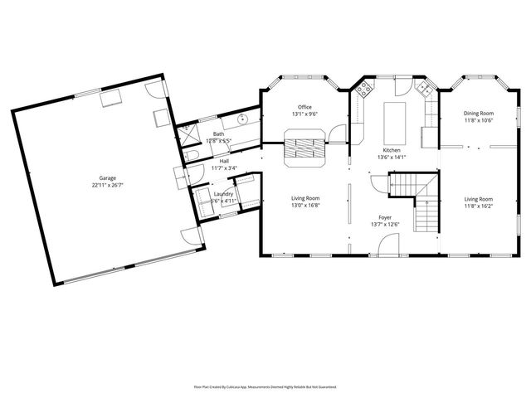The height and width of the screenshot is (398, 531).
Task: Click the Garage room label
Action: pos(108,177)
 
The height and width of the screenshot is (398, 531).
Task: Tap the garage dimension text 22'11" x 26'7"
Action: pos(108,185)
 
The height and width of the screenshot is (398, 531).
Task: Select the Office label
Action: pos(304,107)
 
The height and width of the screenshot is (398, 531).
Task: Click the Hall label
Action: pos(224,161)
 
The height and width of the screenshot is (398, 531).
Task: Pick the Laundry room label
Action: pos(224,194)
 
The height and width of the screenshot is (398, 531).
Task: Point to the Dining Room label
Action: pos(478,113)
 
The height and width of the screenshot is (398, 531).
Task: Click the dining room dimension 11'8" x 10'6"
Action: pos(478,120)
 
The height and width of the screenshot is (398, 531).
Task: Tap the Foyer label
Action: pos(385,216)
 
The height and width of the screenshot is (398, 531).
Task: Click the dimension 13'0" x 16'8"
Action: pos(304,206)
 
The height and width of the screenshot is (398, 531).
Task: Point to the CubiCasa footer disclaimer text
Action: pos(265,386)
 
